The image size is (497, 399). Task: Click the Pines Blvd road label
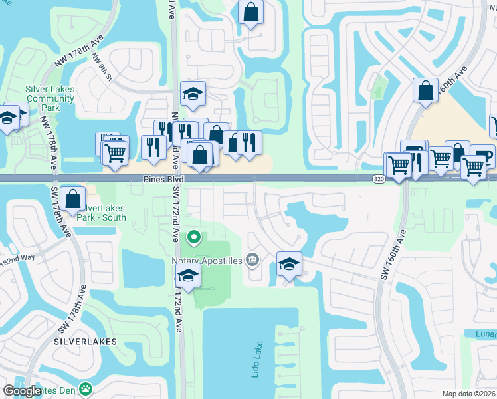coord(163,180)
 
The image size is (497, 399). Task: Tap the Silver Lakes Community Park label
coord(50,99)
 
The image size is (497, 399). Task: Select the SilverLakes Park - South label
coord(111,213)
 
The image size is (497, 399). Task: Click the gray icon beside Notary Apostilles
coord(252,260)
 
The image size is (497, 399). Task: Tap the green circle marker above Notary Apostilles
coord(194,236)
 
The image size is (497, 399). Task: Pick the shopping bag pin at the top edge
coord(251,13)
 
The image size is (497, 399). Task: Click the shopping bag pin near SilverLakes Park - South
coord(73,198)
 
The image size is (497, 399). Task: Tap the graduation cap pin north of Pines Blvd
coord(193,94)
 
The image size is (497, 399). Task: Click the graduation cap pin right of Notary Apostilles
coord(289,264)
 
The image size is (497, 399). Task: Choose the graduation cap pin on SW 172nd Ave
coord(189,277)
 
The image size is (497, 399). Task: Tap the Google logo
coord(22,390)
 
